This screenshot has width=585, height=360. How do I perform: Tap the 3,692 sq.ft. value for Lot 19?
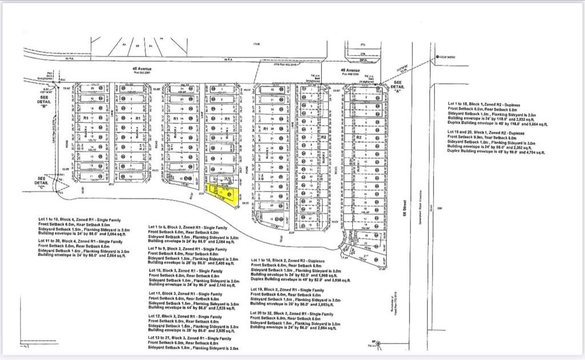[x=328, y=305]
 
